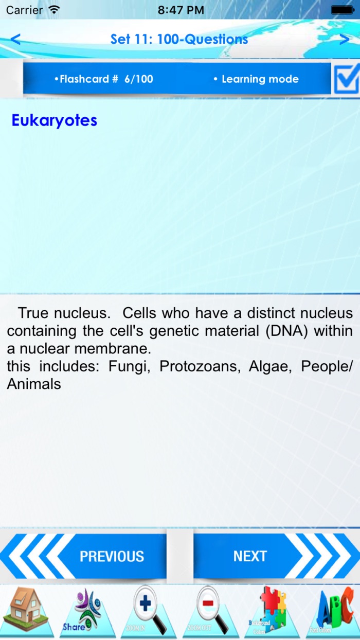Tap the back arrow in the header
[x=15, y=39]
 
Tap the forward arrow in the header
[x=345, y=39]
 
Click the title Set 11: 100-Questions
[x=179, y=39]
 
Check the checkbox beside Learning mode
[x=346, y=79]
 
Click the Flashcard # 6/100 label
[x=104, y=79]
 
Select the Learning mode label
[x=256, y=79]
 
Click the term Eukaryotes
[x=54, y=120]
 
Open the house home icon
[x=28, y=612]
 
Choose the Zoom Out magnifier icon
[x=210, y=612]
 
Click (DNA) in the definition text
[x=286, y=331]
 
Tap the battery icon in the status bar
[x=343, y=10]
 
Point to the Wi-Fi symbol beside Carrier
[x=53, y=10]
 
